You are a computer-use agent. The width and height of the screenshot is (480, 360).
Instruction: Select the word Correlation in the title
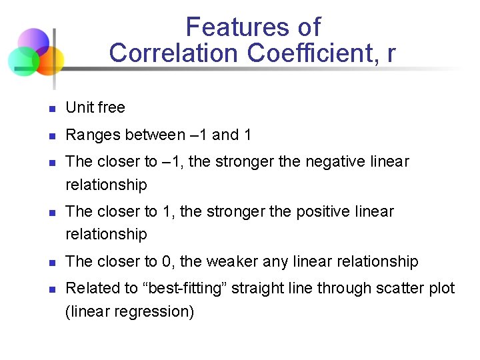(x=173, y=53)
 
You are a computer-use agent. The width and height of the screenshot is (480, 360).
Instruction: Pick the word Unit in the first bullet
(x=79, y=107)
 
